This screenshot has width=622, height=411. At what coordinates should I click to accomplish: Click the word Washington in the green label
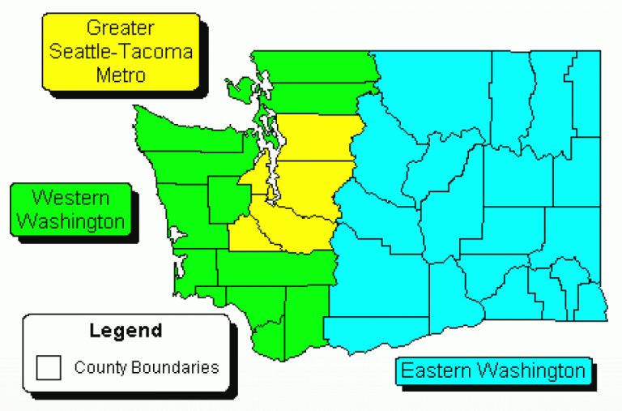[70, 220]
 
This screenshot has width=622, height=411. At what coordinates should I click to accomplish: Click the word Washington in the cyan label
[530, 371]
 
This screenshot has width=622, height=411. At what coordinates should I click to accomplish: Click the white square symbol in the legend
[49, 368]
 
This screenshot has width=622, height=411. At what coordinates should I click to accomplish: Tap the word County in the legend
[96, 367]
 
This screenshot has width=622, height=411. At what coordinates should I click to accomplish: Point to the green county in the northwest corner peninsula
[186, 134]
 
